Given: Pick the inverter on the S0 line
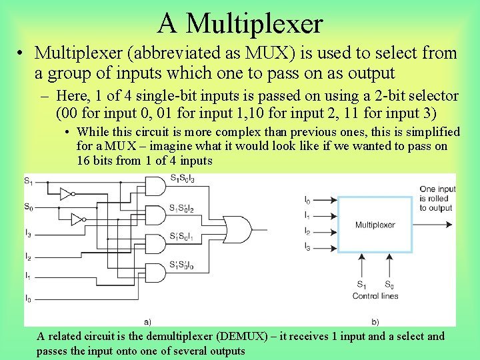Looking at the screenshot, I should (78, 219).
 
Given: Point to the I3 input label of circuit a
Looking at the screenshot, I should (28, 234).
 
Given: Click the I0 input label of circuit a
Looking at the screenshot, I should (28, 297).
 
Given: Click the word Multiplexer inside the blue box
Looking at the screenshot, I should (375, 225).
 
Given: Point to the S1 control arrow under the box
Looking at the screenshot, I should (361, 267).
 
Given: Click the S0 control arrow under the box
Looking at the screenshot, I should (389, 267).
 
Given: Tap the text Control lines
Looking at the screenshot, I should (375, 296).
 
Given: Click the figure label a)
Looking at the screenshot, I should (147, 321).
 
